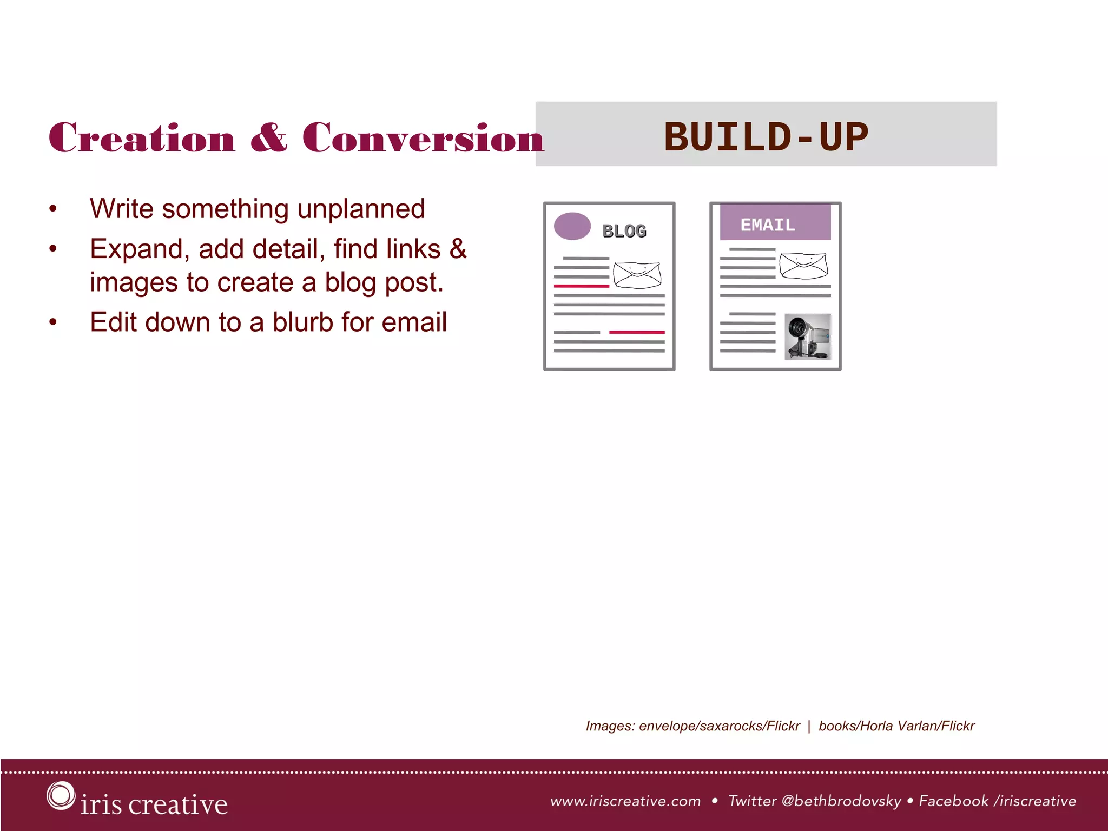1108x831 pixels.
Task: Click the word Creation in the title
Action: [142, 137]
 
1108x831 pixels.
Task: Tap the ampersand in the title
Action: [268, 137]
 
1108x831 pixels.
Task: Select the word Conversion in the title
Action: [423, 137]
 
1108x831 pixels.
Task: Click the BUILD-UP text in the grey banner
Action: [766, 136]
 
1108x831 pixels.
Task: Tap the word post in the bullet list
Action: [412, 283]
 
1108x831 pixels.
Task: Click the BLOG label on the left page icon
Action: [624, 231]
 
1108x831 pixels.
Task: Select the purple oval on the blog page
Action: [572, 226]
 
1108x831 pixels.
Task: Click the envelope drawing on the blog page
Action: [637, 275]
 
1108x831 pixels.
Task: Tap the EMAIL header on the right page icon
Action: [768, 225]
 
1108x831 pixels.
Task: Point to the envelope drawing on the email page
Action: [803, 266]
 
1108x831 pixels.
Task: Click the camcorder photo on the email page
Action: [808, 337]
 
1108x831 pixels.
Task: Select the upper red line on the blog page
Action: [581, 286]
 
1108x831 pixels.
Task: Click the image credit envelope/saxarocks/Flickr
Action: [719, 726]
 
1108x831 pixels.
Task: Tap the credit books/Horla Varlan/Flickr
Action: [896, 726]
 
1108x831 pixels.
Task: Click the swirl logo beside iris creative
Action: [60, 795]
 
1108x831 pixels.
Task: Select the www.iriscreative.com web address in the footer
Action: [625, 801]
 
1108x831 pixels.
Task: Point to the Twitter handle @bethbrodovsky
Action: [841, 801]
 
